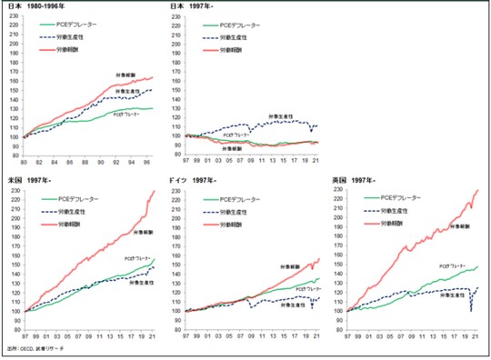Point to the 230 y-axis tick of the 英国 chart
(x=341, y=191)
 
